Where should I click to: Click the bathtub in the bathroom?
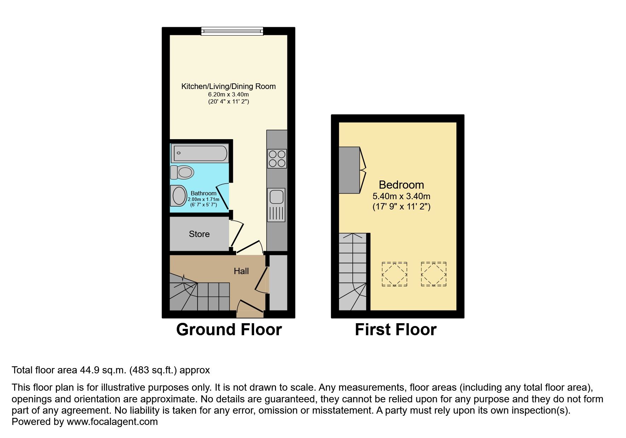click(x=200, y=153)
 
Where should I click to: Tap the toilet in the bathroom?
click(x=183, y=172)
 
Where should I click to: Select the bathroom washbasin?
click(x=179, y=196)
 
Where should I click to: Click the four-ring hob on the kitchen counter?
click(x=277, y=159)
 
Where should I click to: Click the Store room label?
click(x=199, y=234)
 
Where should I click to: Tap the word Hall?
click(x=241, y=271)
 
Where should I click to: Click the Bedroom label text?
click(x=401, y=185)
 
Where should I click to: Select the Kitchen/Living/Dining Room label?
click(x=228, y=86)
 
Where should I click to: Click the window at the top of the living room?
click(x=232, y=31)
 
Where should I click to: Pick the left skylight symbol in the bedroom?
click(x=394, y=274)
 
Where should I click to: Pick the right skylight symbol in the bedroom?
click(x=434, y=274)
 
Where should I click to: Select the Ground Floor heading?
click(x=229, y=330)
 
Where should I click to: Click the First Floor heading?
click(x=396, y=330)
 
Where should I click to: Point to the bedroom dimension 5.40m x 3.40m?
click(x=401, y=196)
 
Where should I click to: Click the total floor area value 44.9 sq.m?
click(x=103, y=370)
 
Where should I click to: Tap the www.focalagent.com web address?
click(x=112, y=422)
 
